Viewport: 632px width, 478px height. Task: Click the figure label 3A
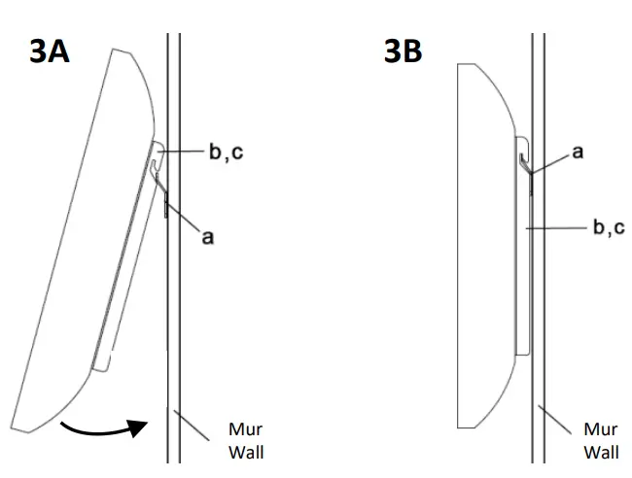[x=49, y=51]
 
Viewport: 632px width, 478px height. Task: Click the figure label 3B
[x=403, y=51]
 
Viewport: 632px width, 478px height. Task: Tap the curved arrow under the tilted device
[x=102, y=426]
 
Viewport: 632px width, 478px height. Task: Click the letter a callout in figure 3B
[x=577, y=153]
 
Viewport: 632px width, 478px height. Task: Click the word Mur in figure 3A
[x=245, y=429]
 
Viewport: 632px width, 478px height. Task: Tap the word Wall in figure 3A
[x=245, y=452]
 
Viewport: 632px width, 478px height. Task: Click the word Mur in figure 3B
[x=600, y=429]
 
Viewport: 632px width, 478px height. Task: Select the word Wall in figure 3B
[x=600, y=452]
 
